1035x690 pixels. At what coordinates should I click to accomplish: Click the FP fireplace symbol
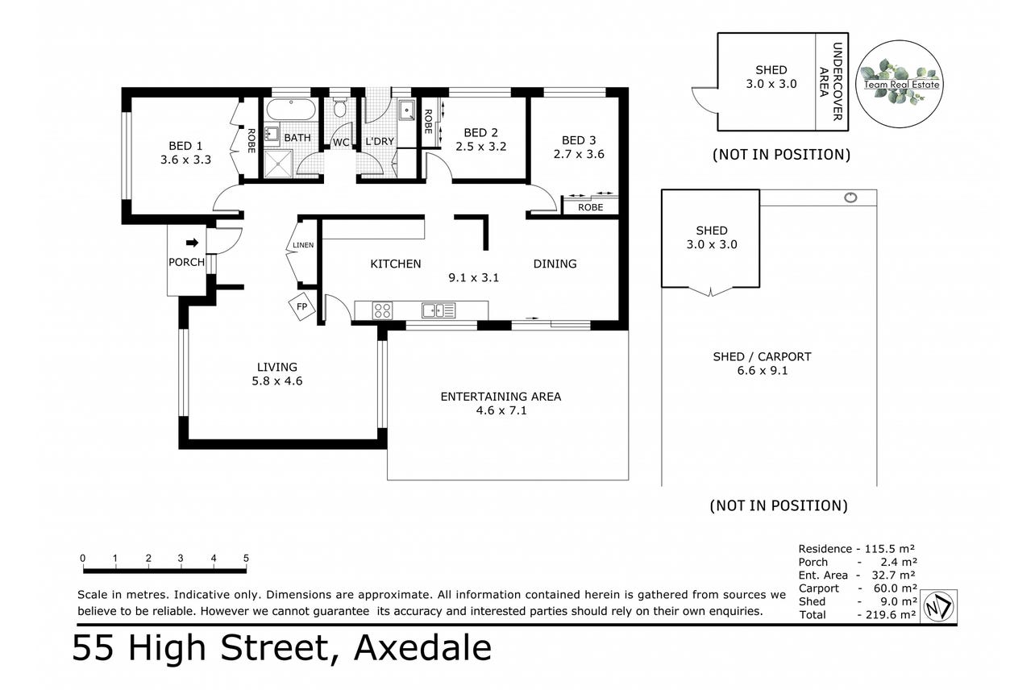[x=301, y=306]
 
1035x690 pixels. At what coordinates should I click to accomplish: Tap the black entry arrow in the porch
[x=192, y=243]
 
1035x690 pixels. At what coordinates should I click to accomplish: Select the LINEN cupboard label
[x=303, y=245]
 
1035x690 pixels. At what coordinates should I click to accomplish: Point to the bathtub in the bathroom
[x=291, y=110]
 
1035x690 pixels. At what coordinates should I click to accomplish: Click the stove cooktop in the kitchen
[x=382, y=310]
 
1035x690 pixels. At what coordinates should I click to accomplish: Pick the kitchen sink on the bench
[x=439, y=310]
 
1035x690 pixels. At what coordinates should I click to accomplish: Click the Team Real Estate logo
[x=900, y=84]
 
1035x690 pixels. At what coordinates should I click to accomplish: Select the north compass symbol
[x=938, y=606]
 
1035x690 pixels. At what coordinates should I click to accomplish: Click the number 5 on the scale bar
[x=246, y=559]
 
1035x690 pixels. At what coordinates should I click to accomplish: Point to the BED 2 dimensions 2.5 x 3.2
[x=481, y=147]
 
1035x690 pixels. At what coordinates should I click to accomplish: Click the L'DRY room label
[x=380, y=141]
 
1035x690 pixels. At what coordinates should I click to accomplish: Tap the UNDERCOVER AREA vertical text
[x=830, y=81]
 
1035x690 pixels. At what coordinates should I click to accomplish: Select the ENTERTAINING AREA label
[x=501, y=397]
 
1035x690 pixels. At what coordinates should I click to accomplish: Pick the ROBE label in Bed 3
[x=591, y=207]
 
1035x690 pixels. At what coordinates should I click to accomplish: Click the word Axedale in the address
[x=422, y=648]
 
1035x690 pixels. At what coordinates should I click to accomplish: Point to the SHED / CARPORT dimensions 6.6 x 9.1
[x=763, y=371]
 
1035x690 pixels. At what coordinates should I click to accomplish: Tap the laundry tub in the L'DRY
[x=407, y=110]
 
